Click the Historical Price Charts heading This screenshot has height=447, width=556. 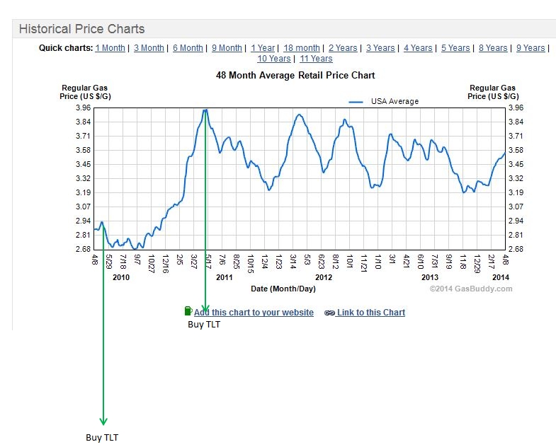[x=81, y=29]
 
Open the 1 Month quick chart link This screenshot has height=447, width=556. [x=110, y=48]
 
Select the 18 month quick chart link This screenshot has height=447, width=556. [x=302, y=48]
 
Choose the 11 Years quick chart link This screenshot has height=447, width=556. [x=316, y=59]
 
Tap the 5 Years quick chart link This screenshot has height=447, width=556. [x=455, y=48]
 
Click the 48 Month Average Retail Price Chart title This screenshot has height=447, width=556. [x=295, y=75]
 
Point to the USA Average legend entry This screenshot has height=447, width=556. [x=394, y=101]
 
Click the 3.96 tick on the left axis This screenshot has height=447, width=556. [x=82, y=108]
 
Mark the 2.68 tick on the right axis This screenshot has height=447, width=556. [x=516, y=249]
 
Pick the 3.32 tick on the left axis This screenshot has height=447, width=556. [x=82, y=178]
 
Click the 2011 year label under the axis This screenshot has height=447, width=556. [x=225, y=277]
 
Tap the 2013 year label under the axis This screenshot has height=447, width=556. [x=420, y=277]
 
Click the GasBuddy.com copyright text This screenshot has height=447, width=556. [x=470, y=289]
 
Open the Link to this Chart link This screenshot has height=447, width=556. [x=370, y=312]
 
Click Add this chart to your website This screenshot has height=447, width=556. [x=254, y=312]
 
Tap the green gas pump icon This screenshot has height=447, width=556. [x=188, y=310]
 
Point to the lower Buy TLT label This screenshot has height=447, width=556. [x=103, y=438]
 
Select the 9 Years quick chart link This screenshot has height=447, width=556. [x=531, y=48]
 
